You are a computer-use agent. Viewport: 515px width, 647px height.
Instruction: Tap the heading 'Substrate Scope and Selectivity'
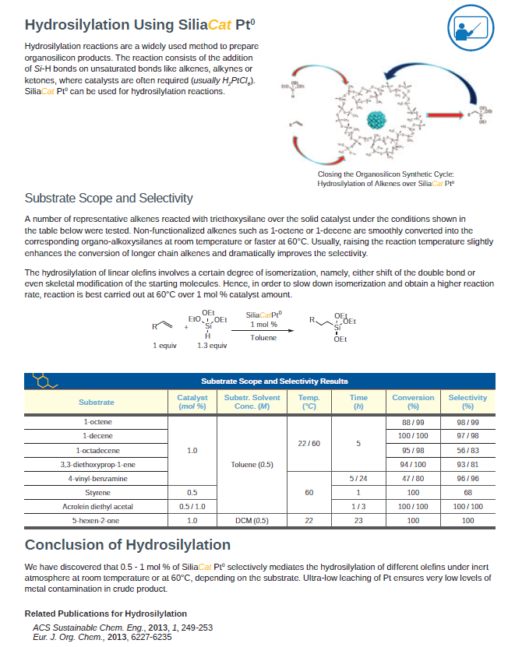(109, 198)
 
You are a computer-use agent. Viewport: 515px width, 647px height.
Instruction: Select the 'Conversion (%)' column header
(413, 402)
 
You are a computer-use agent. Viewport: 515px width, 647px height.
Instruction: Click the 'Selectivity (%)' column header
(467, 402)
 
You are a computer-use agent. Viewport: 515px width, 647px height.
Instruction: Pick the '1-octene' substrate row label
(97, 422)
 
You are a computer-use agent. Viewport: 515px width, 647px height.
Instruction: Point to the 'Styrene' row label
(97, 492)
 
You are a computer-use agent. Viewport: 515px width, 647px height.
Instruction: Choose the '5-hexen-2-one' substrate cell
(97, 519)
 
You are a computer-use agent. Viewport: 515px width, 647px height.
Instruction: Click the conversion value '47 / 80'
(413, 478)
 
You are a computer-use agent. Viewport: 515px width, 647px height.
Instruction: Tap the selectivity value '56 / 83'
(467, 450)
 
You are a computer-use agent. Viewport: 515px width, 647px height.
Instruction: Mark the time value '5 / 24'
(358, 478)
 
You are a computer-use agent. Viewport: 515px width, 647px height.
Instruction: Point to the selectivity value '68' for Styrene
(467, 492)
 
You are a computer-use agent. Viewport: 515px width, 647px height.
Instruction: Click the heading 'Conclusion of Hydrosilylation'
(128, 545)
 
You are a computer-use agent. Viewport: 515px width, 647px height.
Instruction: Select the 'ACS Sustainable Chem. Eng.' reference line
(122, 628)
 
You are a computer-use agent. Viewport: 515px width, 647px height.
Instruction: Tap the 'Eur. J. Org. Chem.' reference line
(102, 637)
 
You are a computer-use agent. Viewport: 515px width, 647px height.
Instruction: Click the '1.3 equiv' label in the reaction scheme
(212, 345)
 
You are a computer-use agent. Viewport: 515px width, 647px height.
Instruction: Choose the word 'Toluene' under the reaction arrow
(263, 337)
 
